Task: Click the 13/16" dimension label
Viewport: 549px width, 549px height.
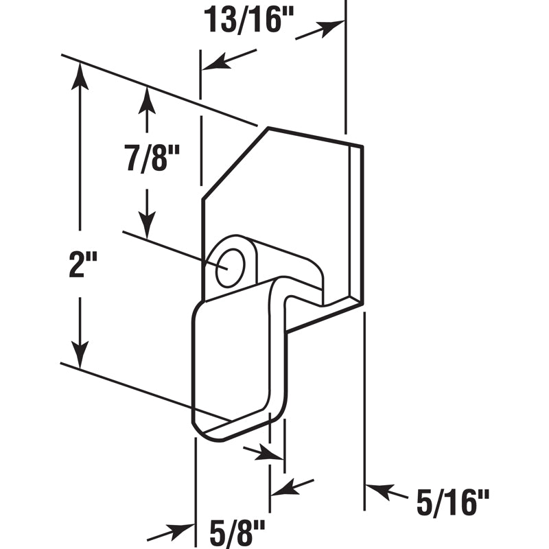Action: pyautogui.click(x=248, y=20)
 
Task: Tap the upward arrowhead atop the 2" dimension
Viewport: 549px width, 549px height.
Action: pyautogui.click(x=80, y=75)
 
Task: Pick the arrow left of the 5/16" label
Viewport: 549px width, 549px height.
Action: pyautogui.click(x=381, y=490)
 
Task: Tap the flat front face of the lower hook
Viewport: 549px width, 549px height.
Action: pyautogui.click(x=233, y=357)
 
